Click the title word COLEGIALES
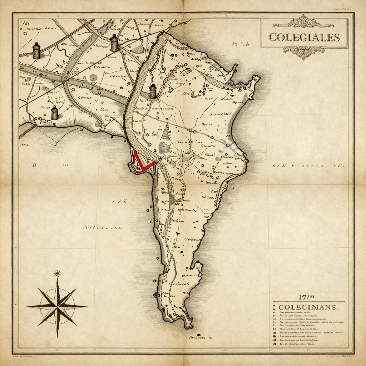pyautogui.click(x=304, y=37)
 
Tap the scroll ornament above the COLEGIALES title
pyautogui.click(x=304, y=22)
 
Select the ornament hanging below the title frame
pyautogui.click(x=304, y=53)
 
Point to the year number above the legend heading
pyautogui.click(x=307, y=297)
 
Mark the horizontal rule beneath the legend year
pyautogui.click(x=308, y=302)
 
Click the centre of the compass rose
pyautogui.click(x=57, y=306)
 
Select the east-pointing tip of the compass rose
pyautogui.click(x=88, y=306)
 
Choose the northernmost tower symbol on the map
pyautogui.click(x=114, y=43)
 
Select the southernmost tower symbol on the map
pyautogui.click(x=54, y=113)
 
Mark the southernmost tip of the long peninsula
pyautogui.click(x=188, y=326)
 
